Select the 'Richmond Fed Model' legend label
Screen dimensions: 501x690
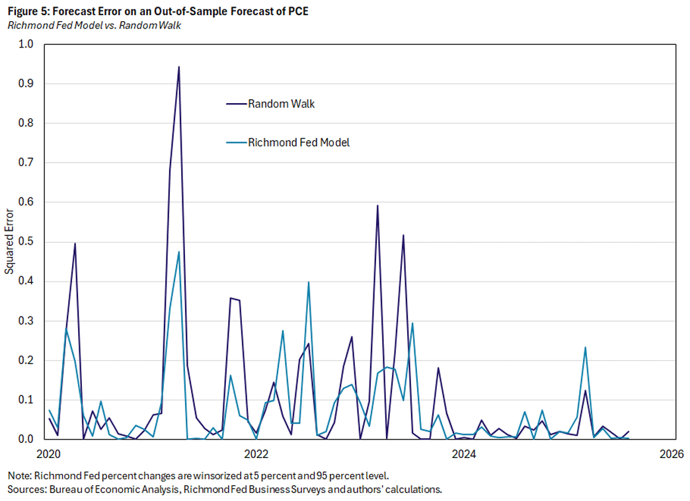point(299,142)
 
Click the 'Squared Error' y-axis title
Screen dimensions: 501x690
point(9,242)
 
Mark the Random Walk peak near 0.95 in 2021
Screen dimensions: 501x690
point(178,67)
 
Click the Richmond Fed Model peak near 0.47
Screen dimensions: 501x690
point(178,252)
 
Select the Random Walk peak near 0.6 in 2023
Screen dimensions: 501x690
point(377,206)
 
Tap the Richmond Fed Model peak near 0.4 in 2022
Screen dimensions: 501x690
point(309,282)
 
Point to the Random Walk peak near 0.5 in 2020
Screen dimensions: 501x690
point(75,243)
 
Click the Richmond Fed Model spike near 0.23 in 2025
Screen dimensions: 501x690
point(585,348)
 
